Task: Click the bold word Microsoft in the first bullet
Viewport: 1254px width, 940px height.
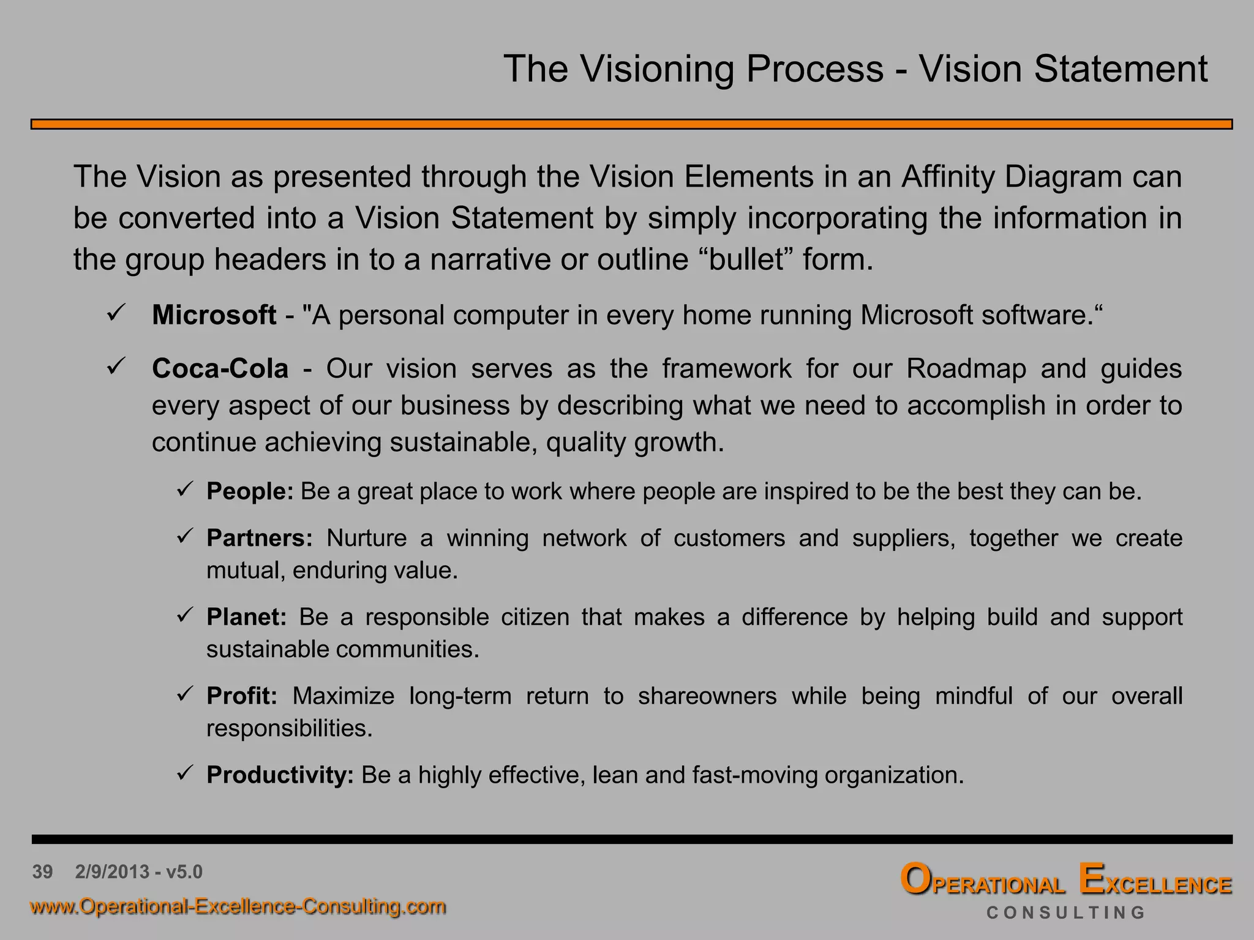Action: point(214,315)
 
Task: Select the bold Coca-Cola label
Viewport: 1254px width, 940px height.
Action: point(220,369)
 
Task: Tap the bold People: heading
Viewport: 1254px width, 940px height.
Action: point(250,491)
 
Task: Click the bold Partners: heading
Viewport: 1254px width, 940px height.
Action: point(259,539)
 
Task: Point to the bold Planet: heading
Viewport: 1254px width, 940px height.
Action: point(246,617)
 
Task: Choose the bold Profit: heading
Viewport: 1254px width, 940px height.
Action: point(242,696)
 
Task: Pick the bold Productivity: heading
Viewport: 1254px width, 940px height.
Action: point(280,775)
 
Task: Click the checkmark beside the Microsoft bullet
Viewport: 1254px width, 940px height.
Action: point(116,313)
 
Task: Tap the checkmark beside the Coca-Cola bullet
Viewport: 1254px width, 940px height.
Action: point(116,367)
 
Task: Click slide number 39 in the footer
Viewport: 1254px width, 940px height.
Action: point(42,871)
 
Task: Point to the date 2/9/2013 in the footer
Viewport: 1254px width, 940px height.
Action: point(112,871)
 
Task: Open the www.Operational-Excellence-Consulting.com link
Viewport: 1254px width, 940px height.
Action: point(238,906)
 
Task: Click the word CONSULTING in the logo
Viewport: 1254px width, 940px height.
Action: point(1065,913)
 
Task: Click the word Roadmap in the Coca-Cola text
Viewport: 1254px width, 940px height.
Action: point(966,369)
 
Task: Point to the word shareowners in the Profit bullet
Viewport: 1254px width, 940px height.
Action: point(707,696)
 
